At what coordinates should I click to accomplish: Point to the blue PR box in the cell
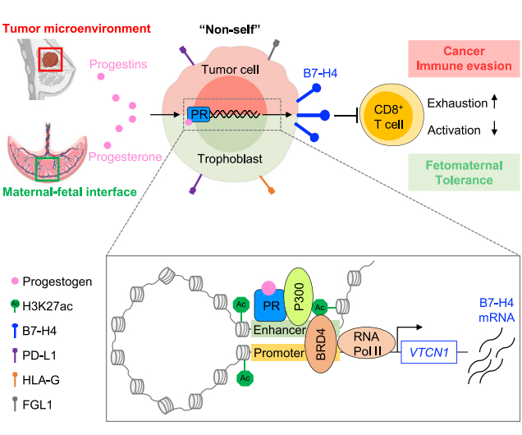(x=198, y=116)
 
